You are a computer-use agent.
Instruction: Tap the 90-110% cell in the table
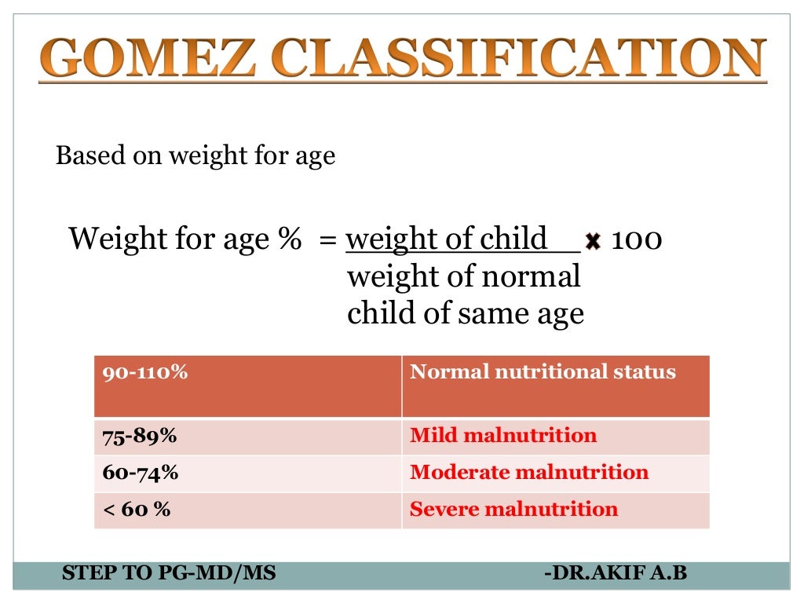pyautogui.click(x=247, y=386)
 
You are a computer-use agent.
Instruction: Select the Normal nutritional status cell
pyautogui.click(x=555, y=386)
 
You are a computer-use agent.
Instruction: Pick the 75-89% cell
pyautogui.click(x=247, y=436)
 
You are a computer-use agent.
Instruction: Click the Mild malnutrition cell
pyautogui.click(x=555, y=436)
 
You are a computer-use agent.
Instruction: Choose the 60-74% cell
pyautogui.click(x=247, y=473)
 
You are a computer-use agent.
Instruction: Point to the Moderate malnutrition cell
pyautogui.click(x=555, y=473)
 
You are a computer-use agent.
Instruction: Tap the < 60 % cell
pyautogui.click(x=247, y=510)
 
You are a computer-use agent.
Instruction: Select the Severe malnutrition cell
pyautogui.click(x=555, y=510)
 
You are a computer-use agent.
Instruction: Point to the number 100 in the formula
pyautogui.click(x=636, y=239)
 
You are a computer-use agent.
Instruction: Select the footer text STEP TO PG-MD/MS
pyautogui.click(x=169, y=573)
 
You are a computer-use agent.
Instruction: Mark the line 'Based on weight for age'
pyautogui.click(x=196, y=155)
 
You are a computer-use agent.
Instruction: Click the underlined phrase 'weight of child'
pyautogui.click(x=447, y=239)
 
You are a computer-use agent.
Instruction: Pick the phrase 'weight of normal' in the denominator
pyautogui.click(x=463, y=276)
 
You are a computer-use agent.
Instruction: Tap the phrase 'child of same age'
pyautogui.click(x=466, y=314)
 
